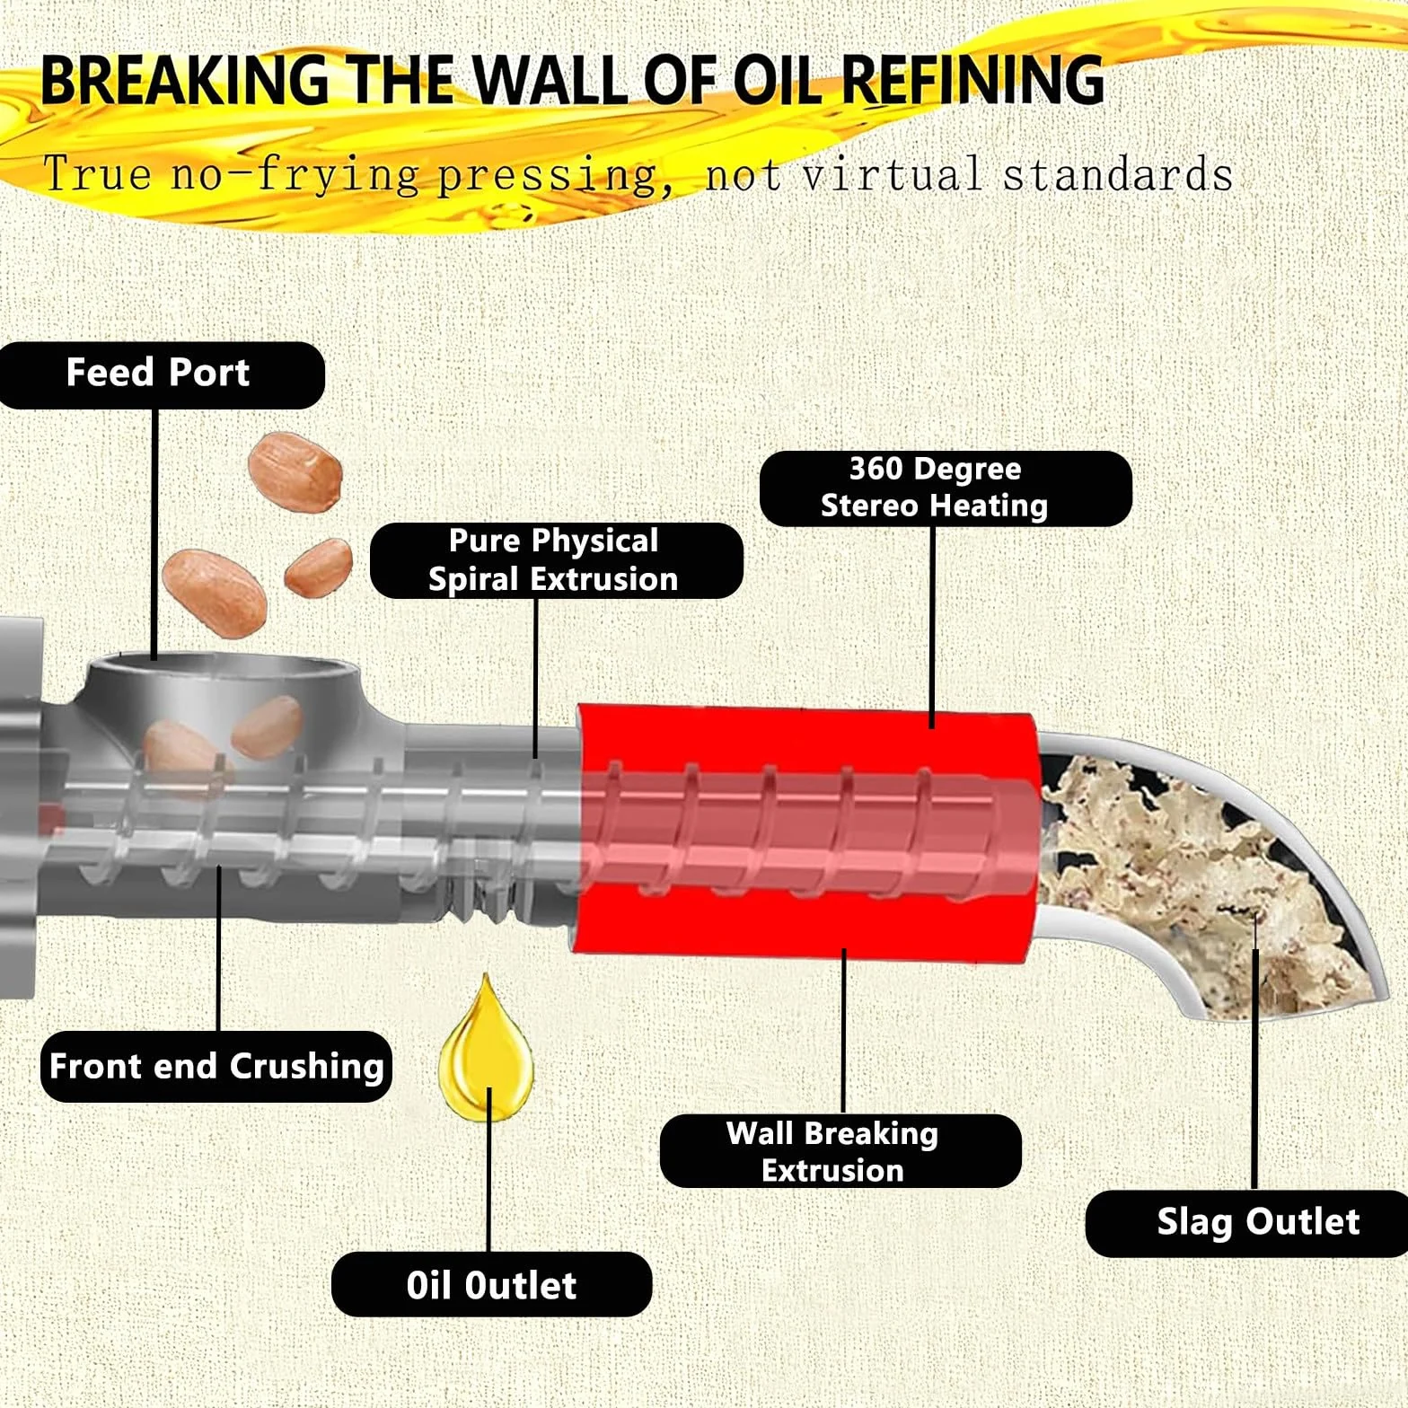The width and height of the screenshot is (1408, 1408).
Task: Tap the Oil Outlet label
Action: tap(491, 1284)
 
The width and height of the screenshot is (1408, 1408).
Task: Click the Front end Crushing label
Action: tap(216, 1066)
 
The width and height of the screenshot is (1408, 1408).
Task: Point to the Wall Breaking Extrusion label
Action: tap(840, 1151)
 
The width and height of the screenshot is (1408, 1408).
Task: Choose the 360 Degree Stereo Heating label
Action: tap(946, 488)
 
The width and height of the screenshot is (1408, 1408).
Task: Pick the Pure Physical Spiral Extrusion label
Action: tap(556, 560)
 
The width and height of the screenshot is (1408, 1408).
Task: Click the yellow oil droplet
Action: tap(486, 1051)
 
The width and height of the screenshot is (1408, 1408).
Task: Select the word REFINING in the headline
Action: tap(972, 80)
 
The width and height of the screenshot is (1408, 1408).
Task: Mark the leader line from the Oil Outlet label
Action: tap(489, 1169)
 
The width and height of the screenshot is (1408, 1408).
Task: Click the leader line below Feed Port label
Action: tap(155, 534)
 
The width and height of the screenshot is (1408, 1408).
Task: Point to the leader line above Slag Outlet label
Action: tap(1255, 1069)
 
